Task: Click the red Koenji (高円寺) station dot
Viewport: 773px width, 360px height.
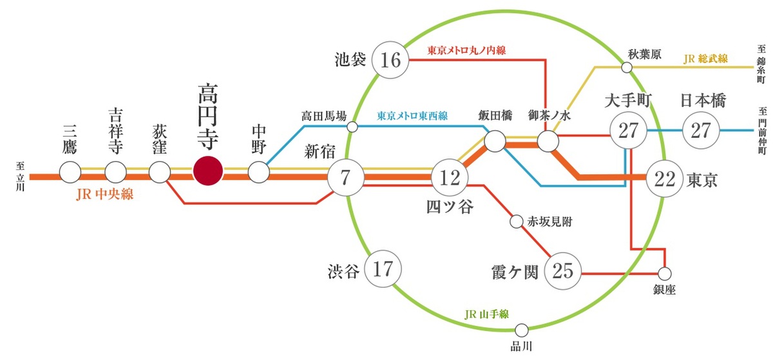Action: tap(208, 172)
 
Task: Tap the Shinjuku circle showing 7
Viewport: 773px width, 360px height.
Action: tap(345, 177)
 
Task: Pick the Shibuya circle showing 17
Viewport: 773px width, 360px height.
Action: tap(383, 269)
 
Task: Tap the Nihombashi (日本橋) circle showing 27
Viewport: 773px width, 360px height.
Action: tap(700, 129)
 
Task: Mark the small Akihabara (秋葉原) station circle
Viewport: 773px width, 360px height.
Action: tap(626, 67)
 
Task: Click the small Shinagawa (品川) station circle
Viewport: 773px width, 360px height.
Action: tap(521, 330)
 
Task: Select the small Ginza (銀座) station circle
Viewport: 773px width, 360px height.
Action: tap(664, 273)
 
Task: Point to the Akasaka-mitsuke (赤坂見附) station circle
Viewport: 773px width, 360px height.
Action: tap(516, 222)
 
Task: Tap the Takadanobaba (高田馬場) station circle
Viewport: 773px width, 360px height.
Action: tap(352, 127)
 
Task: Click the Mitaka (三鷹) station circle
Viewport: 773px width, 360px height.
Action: tap(70, 172)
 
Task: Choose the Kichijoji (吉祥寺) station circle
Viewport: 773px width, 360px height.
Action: tap(115, 172)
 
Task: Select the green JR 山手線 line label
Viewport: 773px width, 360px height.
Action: tap(486, 314)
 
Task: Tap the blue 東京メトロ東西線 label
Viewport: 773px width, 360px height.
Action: tap(412, 117)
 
